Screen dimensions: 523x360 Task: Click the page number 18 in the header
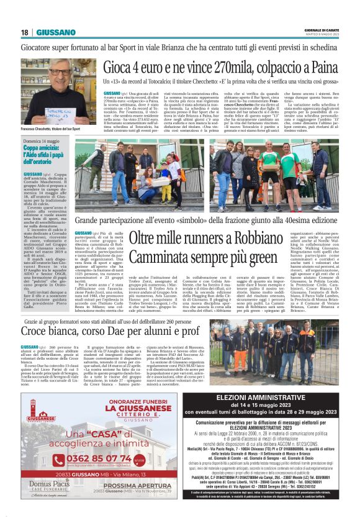pos(25,32)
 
